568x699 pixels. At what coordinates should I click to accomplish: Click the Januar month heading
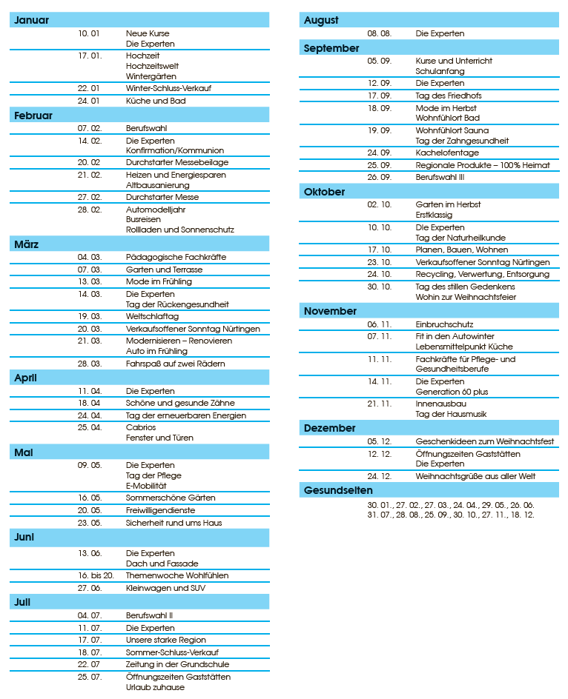pos(31,21)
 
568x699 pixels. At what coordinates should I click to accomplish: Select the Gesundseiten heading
pos(338,490)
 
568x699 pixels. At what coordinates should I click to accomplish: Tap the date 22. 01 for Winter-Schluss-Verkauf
pos(88,88)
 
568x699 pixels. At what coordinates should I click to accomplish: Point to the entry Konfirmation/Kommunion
pos(175,150)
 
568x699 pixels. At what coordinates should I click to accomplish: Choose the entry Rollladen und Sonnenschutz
pos(179,230)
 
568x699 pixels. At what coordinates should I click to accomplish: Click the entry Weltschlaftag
pos(152,316)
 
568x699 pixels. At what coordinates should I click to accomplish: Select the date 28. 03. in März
pos(89,364)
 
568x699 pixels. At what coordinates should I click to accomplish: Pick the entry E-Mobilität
pos(145,485)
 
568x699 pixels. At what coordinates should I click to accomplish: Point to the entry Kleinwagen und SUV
pos(165,588)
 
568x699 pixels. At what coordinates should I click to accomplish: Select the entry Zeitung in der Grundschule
pos(177,664)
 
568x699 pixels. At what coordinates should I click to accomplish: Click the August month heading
pos(321,21)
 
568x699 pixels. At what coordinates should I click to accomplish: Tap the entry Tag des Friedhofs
pos(449,96)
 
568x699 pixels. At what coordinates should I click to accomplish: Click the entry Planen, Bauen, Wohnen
pos(462,250)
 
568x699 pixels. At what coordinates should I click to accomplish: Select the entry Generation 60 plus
pos(452,392)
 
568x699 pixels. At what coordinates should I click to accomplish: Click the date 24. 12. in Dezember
pos(379,476)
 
